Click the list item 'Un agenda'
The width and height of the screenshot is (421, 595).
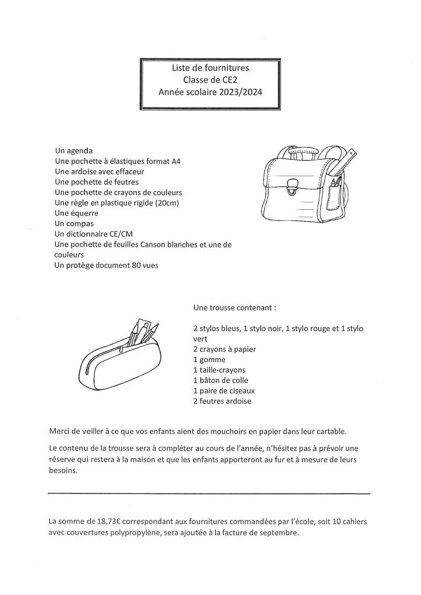pos(73,150)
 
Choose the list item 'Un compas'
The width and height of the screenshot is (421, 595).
pos(74,224)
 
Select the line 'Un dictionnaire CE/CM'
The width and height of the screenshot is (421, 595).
pos(93,234)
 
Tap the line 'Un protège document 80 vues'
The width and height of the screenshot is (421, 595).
pos(106,266)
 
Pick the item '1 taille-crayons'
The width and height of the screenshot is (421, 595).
pos(219,370)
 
